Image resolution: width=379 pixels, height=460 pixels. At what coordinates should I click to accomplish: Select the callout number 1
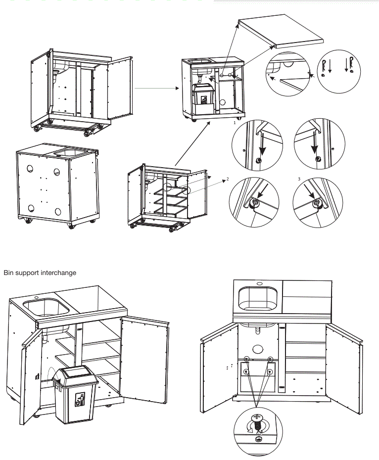tap(234, 122)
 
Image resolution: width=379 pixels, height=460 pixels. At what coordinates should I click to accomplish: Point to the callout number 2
tap(227, 179)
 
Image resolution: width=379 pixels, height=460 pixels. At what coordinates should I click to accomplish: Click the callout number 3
tap(298, 179)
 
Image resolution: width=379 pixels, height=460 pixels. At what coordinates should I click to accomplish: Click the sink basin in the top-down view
tap(258, 298)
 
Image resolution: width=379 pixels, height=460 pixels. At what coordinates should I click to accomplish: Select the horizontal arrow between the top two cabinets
tap(156, 89)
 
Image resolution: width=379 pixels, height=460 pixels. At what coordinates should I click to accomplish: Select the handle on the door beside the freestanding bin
tap(38, 376)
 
